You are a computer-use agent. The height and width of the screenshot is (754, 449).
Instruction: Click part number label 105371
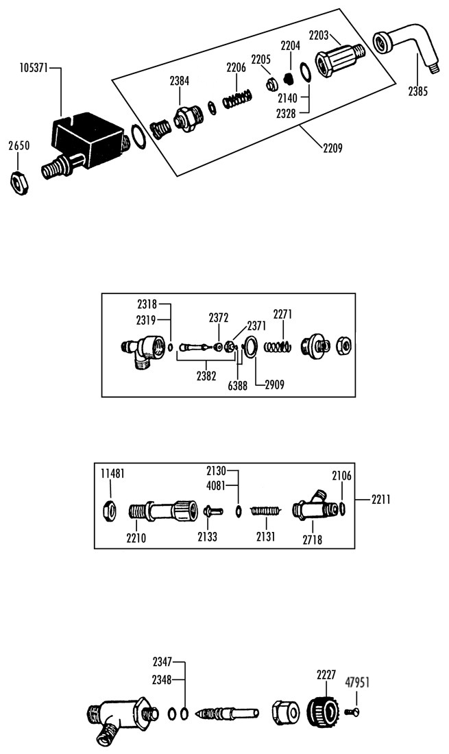pyautogui.click(x=33, y=68)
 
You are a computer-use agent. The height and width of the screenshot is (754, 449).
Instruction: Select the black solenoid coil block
pyautogui.click(x=88, y=137)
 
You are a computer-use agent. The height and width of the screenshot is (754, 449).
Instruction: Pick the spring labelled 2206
pyautogui.click(x=237, y=99)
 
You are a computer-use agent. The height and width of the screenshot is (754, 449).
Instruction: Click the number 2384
pyautogui.click(x=180, y=82)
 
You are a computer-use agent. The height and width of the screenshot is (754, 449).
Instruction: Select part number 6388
pyautogui.click(x=237, y=385)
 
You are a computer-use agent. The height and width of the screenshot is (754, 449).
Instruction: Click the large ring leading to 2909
pyautogui.click(x=250, y=348)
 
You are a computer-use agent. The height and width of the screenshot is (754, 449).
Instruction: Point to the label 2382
pyautogui.click(x=206, y=376)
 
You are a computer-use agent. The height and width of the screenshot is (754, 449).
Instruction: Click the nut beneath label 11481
pyautogui.click(x=110, y=510)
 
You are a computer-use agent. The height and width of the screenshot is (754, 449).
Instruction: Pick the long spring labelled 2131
pyautogui.click(x=266, y=511)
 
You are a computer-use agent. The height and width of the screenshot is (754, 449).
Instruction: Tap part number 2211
pyautogui.click(x=380, y=500)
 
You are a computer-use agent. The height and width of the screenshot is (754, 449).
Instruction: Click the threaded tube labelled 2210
pyautogui.click(x=163, y=510)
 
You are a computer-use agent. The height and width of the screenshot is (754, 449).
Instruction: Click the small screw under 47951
pyautogui.click(x=352, y=711)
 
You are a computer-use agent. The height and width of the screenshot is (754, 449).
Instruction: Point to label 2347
pyautogui.click(x=162, y=662)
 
